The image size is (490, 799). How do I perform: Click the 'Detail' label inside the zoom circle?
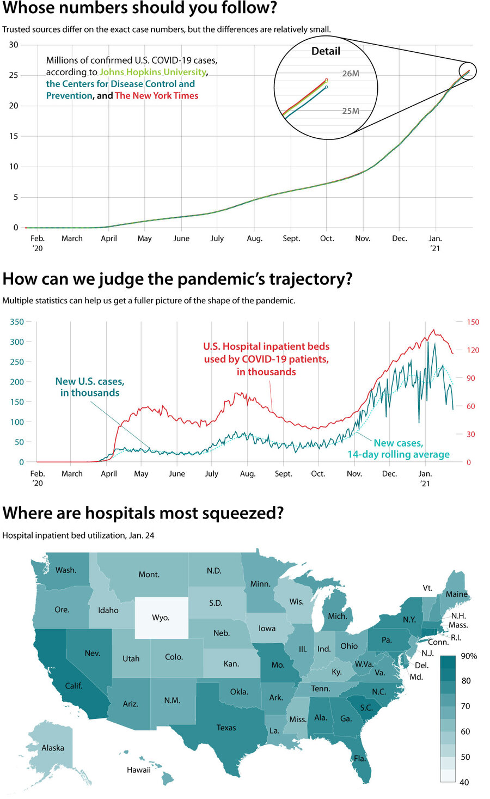pos(326,51)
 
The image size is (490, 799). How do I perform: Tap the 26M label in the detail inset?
pos(351,74)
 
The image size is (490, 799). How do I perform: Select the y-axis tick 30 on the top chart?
pos(13,45)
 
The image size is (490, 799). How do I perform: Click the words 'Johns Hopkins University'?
pos(153,72)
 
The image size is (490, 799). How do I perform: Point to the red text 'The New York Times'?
pos(156,96)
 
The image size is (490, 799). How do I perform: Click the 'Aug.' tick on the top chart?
pos(254,239)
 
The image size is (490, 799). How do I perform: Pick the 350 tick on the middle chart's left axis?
pos(17,322)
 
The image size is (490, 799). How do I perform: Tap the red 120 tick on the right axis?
pos(473,350)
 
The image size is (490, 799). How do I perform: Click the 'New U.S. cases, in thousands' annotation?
pos(90,387)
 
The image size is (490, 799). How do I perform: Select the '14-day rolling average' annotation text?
pos(399,455)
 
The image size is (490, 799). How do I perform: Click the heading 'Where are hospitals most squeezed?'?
pos(143,513)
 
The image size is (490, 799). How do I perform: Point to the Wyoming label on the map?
pos(161,618)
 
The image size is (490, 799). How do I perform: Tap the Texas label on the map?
pos(226,728)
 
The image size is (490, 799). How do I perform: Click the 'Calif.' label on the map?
pos(73,686)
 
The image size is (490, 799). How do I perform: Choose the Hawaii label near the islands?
pos(139,770)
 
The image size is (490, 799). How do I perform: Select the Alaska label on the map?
pos(53,748)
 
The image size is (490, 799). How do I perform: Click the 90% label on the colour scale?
pos(468,656)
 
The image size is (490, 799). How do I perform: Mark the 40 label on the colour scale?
pos(464,782)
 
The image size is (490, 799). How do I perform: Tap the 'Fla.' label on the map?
pos(359,758)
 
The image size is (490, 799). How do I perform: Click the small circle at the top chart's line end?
pos(468,71)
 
